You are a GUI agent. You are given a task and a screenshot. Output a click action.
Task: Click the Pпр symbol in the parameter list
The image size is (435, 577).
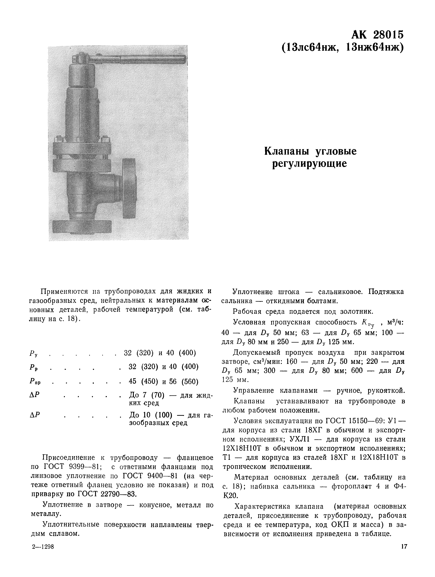coord(35,382)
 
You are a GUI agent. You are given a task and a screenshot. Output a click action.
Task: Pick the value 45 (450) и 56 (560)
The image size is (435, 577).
coord(163,381)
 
